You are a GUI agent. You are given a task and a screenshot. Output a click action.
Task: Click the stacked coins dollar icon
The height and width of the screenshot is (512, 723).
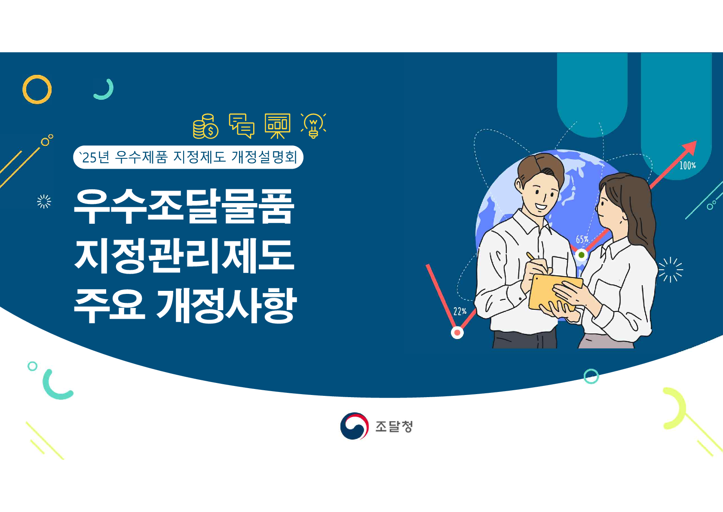(205, 126)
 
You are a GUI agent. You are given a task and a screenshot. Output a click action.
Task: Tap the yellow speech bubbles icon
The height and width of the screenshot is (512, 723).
(242, 126)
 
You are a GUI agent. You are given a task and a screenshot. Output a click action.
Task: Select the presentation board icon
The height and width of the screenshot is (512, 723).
(278, 126)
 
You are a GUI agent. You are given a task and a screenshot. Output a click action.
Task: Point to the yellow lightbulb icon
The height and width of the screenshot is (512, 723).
(313, 126)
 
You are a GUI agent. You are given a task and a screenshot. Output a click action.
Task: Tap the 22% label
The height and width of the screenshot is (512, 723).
(460, 311)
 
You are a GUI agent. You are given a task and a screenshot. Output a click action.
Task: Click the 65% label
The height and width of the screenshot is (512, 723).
(582, 239)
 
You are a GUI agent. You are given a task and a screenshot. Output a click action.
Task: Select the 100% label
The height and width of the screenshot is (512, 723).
(687, 166)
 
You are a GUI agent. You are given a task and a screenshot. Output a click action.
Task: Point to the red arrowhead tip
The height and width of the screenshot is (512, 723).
(696, 141)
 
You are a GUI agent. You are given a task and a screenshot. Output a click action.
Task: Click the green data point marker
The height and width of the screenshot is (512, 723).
(582, 255)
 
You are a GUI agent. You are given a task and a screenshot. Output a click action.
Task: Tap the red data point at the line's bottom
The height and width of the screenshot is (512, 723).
(457, 333)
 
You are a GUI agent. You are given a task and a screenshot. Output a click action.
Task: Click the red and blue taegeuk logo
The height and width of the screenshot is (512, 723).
(354, 426)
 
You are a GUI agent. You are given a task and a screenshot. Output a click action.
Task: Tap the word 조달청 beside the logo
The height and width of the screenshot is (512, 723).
(394, 426)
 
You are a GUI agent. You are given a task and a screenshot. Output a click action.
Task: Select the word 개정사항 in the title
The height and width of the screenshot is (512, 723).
(227, 305)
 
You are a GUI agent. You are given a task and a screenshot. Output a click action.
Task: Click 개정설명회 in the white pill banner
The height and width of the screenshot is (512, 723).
(264, 157)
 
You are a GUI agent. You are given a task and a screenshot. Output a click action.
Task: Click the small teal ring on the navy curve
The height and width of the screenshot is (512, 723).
(585, 376)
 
